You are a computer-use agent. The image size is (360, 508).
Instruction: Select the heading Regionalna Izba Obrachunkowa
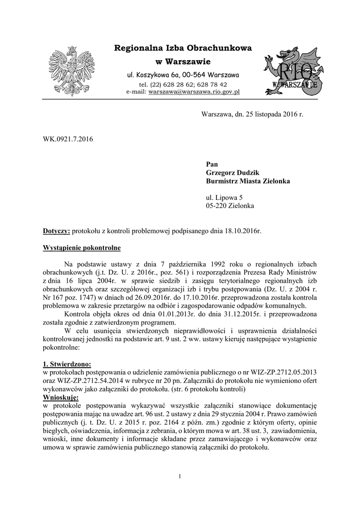point(183,48)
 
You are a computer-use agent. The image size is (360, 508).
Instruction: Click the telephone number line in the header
point(183,84)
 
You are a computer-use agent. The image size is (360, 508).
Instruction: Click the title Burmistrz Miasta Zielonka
point(248,181)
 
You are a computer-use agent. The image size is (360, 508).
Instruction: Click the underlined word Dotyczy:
point(57,231)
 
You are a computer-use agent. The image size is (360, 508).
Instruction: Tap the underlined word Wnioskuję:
point(61,397)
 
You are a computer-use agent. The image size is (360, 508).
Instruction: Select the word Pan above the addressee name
point(212,164)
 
